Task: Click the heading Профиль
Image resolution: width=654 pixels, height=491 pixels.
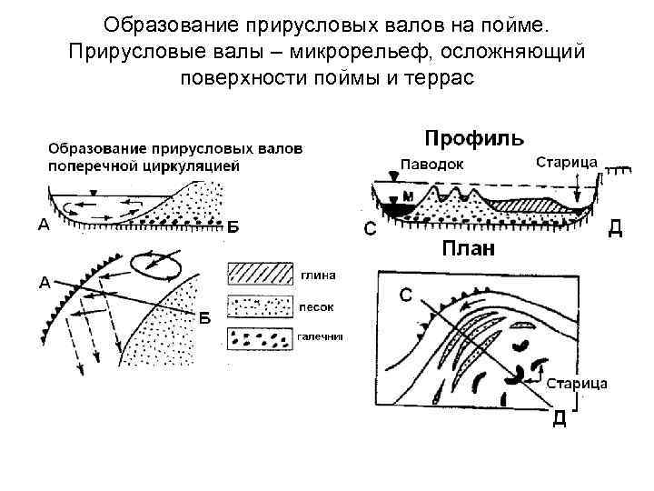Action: point(474,139)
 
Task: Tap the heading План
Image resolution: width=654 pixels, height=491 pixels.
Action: point(468,249)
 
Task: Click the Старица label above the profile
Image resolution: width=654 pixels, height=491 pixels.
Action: point(566,162)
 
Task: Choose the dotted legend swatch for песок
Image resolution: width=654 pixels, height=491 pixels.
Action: point(260,306)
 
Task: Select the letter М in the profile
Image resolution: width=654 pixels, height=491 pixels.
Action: point(408,196)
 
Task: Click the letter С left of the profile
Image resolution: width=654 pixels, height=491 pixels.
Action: point(370,229)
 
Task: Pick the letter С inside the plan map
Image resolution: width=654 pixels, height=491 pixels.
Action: point(406,295)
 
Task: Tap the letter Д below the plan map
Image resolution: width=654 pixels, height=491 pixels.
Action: point(560,417)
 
